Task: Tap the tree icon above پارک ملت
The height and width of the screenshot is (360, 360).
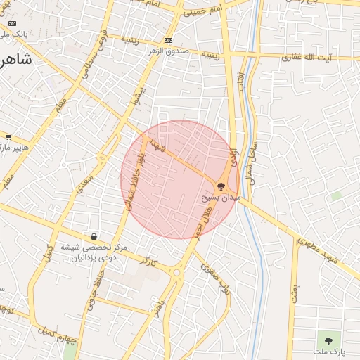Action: (327, 340)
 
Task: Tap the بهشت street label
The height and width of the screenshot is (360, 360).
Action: (295, 294)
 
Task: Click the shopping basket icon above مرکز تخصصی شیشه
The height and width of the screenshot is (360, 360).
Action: (94, 237)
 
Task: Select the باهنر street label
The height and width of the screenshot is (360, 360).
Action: (160, 307)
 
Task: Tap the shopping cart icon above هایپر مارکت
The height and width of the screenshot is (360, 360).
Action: (8, 136)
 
